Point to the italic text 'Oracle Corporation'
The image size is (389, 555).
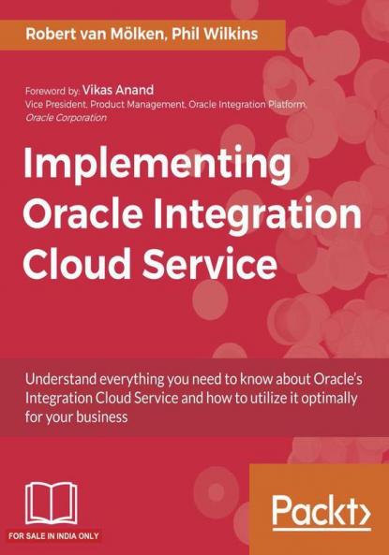66,118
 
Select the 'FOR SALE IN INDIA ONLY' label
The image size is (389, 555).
52,537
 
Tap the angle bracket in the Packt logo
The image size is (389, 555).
358,512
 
